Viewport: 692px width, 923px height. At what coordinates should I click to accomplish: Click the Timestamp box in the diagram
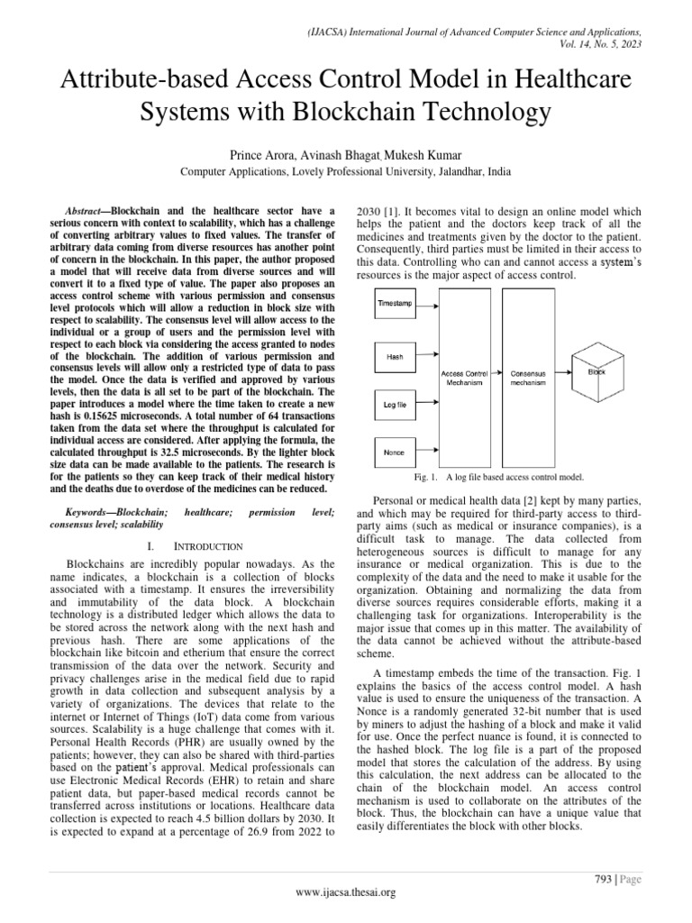395,305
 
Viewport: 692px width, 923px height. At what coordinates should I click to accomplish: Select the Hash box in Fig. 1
395,357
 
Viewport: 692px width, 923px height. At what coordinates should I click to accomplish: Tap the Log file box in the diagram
395,406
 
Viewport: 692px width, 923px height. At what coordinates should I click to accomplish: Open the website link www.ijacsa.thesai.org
345,892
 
